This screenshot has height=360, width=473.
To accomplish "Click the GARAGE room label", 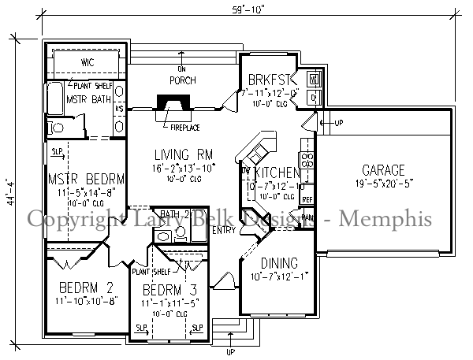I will click(x=383, y=170).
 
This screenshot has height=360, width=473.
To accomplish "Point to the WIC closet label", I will click(x=88, y=62).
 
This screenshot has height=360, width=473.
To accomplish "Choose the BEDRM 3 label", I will click(x=169, y=288).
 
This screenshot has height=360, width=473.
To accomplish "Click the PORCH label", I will click(x=183, y=80).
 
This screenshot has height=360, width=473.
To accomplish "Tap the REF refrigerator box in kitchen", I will click(x=307, y=199).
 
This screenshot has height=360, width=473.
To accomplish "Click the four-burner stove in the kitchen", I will click(x=308, y=161).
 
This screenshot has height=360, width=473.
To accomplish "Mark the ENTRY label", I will click(x=224, y=230).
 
